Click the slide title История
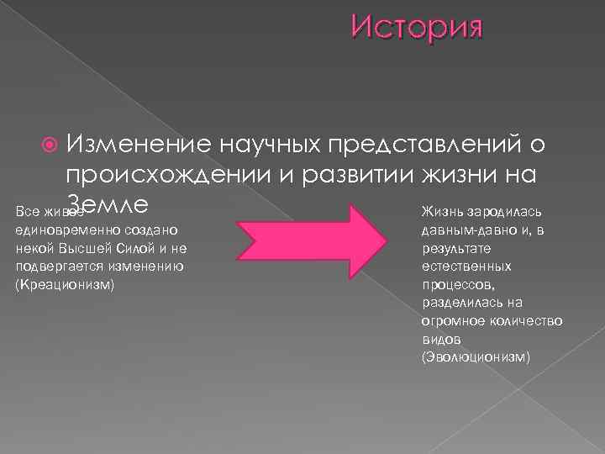pyautogui.click(x=417, y=28)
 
